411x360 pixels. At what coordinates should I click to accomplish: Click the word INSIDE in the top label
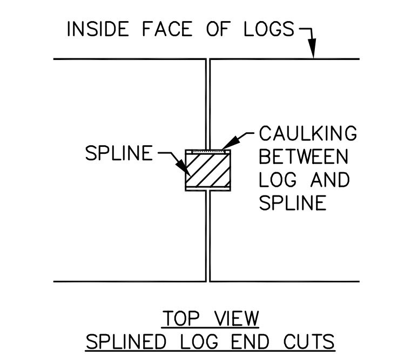(98, 29)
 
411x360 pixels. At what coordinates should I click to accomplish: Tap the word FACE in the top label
(167, 29)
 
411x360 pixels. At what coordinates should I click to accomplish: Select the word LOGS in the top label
(269, 29)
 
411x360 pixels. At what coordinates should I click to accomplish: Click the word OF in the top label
(218, 29)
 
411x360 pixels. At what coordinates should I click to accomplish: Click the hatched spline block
(208, 171)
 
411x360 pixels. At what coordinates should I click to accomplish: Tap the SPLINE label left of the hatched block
(119, 153)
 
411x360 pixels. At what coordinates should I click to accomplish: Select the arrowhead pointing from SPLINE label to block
(183, 168)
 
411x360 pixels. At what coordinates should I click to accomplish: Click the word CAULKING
(308, 133)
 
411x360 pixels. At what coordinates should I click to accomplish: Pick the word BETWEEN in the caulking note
(304, 157)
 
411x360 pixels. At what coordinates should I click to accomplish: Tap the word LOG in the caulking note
(278, 180)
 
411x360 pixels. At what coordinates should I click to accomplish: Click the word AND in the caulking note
(330, 180)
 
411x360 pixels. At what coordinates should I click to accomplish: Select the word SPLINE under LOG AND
(293, 203)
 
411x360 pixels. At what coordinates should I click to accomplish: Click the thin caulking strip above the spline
(208, 152)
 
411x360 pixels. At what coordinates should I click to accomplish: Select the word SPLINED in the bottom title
(126, 342)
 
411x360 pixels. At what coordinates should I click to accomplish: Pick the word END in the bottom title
(250, 342)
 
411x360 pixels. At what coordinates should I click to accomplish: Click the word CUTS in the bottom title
(309, 342)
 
